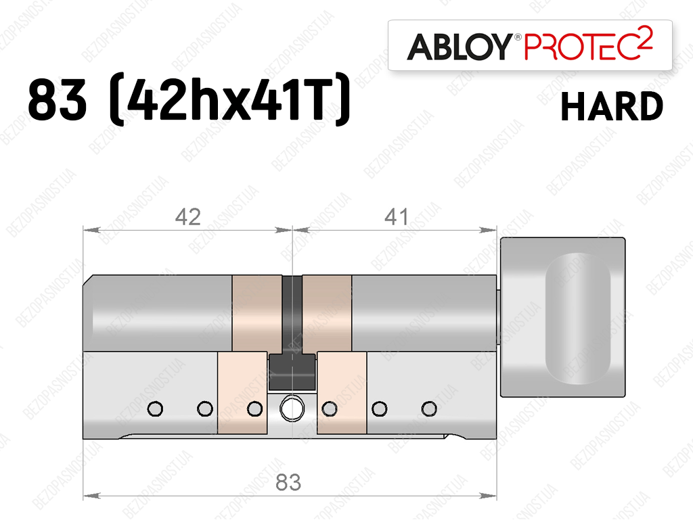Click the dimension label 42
coord(188,217)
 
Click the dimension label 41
coord(397,217)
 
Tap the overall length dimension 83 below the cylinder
coord(288,483)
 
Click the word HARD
coord(612,107)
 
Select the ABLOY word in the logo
coord(460,47)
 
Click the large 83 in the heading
coord(58,101)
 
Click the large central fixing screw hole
coord(292,408)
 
